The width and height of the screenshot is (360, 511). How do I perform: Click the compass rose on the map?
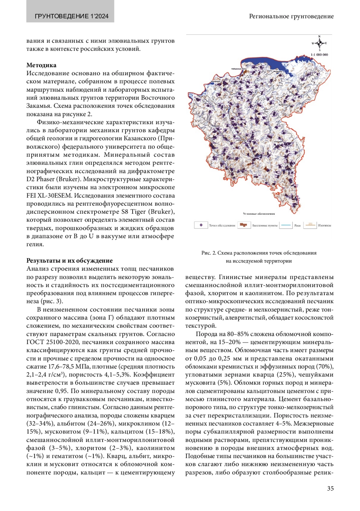click(319, 43)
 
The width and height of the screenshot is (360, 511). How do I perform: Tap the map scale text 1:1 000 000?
click(319, 55)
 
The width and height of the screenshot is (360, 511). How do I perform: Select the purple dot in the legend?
click(201, 225)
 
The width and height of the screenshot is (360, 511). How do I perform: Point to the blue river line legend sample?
click(286, 225)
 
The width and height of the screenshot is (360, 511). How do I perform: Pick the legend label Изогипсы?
click(324, 226)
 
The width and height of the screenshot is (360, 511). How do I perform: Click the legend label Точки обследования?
click(222, 226)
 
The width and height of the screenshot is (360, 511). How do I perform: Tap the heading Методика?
click(41, 65)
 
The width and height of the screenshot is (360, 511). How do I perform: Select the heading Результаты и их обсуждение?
click(70, 260)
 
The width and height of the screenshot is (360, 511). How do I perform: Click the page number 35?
click(330, 489)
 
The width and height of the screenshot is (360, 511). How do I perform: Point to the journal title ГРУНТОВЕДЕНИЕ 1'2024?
click(72, 16)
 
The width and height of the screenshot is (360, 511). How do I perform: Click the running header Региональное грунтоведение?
click(291, 16)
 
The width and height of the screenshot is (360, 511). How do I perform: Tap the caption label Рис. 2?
click(209, 253)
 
